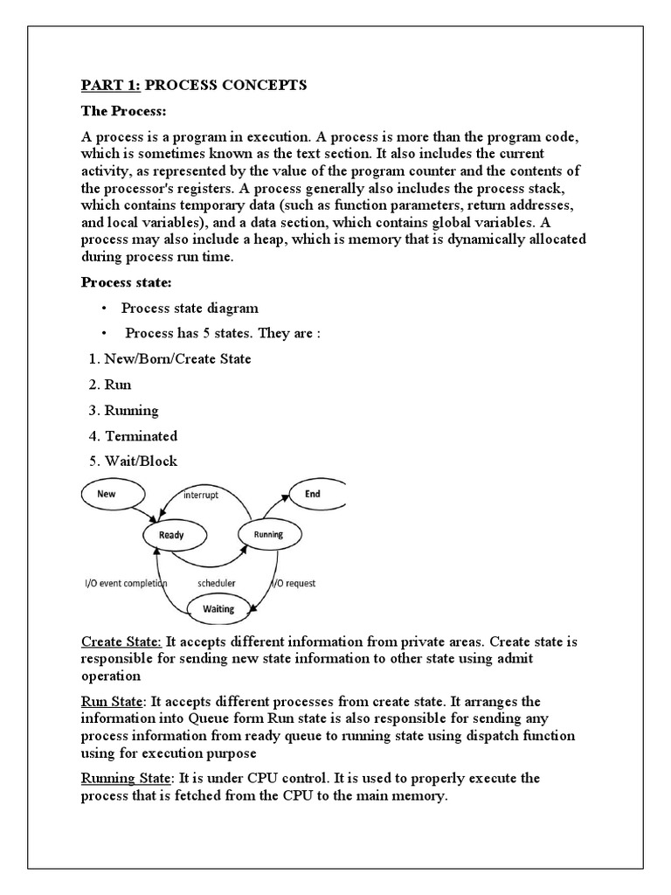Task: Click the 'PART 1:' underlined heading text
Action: click(111, 85)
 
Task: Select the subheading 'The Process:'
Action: click(117, 111)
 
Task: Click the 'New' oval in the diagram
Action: click(107, 495)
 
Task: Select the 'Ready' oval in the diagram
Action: click(171, 534)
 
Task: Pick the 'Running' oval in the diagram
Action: click(268, 533)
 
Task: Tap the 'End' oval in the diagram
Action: click(313, 495)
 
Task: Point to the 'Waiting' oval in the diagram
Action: click(218, 608)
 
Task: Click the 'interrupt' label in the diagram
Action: click(200, 495)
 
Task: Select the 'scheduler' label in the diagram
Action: click(218, 582)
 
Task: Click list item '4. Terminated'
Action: click(133, 435)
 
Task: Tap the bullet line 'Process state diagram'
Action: click(190, 308)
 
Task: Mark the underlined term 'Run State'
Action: click(112, 701)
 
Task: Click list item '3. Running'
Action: click(124, 410)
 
